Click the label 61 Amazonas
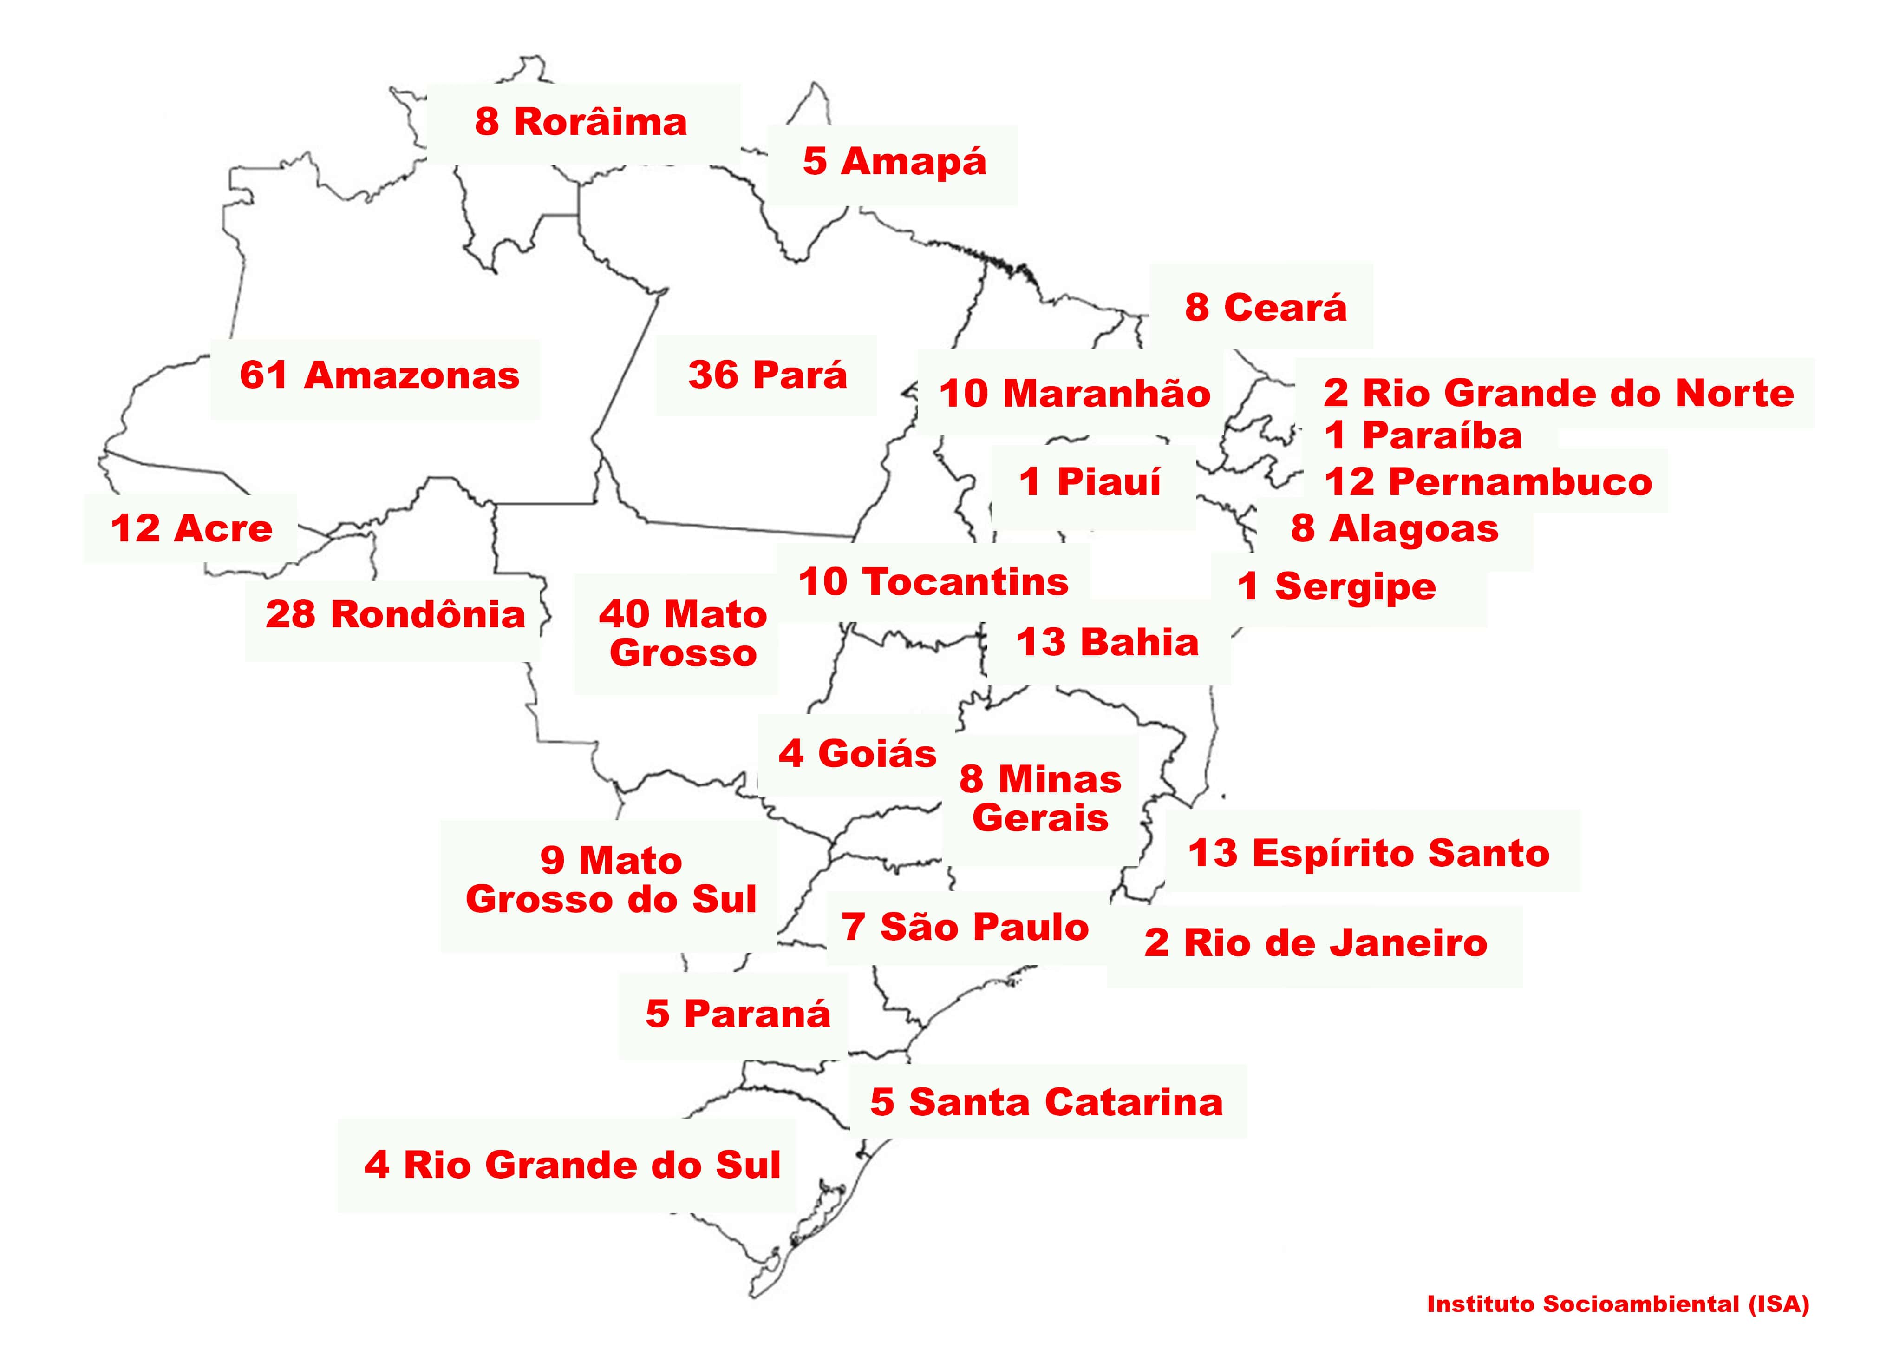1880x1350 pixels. click(379, 375)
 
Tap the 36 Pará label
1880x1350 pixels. click(768, 375)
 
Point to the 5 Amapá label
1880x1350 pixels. click(894, 162)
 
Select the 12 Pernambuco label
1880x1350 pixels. click(1488, 482)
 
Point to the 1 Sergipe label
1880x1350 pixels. click(1336, 587)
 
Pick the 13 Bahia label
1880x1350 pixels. click(1108, 643)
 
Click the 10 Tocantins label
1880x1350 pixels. click(933, 582)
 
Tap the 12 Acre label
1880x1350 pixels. click(191, 529)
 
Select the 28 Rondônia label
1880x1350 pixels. click(395, 615)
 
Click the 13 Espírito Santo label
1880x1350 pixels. click(1369, 853)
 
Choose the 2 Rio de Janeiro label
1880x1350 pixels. click(1316, 944)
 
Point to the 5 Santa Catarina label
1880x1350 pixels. click(1046, 1102)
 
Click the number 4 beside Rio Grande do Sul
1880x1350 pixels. click(376, 1165)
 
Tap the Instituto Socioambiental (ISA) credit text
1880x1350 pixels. click(1617, 1304)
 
